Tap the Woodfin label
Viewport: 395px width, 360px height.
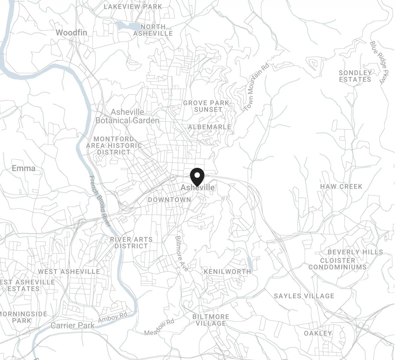(72, 32)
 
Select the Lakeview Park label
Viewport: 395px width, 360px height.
(133, 6)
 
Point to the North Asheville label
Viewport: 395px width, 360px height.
(153, 30)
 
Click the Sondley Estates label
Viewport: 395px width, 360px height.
(355, 76)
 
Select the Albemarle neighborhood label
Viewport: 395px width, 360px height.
(210, 127)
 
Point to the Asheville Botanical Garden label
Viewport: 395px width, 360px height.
(127, 116)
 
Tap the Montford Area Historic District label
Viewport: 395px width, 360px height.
(114, 146)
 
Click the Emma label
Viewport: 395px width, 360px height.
(23, 168)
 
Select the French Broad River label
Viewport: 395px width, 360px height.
(100, 201)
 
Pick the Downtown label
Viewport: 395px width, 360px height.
(170, 200)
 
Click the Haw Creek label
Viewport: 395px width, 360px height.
(341, 186)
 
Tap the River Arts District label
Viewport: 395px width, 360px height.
(131, 243)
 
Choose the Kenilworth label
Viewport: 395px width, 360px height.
(228, 272)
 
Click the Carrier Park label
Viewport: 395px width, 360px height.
(72, 325)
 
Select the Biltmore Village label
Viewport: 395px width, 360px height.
(211, 320)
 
